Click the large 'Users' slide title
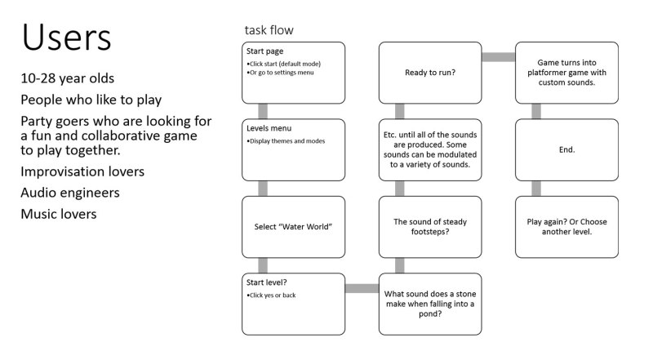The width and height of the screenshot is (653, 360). (66, 38)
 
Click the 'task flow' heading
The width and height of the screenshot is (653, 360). (269, 30)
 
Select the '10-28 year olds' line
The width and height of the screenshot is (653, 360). (68, 79)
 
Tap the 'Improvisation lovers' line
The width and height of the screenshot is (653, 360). (84, 172)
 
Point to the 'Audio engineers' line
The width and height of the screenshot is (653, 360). (71, 193)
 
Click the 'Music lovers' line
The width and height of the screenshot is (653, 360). (59, 215)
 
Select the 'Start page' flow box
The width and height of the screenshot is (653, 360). (292, 73)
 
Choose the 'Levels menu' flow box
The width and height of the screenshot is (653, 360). (292, 149)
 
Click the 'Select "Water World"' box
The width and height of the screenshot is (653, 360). (292, 226)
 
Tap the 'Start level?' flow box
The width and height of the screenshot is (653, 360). (292, 304)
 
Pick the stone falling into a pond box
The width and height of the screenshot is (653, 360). (429, 304)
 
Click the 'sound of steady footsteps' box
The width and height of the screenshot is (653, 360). (429, 226)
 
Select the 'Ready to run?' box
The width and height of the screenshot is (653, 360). (429, 73)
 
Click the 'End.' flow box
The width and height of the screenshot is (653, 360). (566, 149)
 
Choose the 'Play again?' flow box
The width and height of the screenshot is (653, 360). (566, 226)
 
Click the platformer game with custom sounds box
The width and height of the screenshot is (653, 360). (566, 73)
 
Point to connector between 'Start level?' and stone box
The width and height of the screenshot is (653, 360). (361, 288)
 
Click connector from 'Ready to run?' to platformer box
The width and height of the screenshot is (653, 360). (498, 57)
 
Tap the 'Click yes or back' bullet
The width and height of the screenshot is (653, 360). (272, 295)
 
